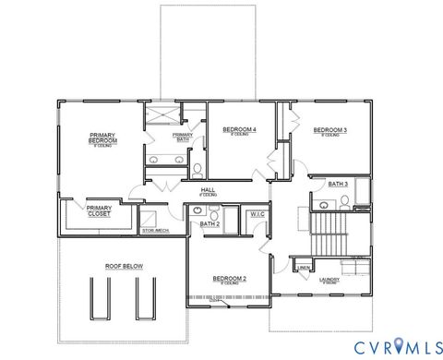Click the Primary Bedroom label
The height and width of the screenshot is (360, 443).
point(102,138)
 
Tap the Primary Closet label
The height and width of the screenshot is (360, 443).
point(99,210)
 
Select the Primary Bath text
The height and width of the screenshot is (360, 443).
point(183,138)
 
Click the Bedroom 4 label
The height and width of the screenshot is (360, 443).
point(241,130)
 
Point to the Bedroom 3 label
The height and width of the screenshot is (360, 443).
point(329,130)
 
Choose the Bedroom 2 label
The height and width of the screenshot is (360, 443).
point(229,278)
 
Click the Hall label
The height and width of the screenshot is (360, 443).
point(209,191)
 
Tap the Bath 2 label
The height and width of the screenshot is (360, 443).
point(210,223)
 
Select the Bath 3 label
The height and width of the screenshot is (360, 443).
point(338,185)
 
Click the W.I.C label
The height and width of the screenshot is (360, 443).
point(257,215)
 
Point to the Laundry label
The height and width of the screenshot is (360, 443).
point(329,279)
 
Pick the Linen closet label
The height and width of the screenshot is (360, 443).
point(304,269)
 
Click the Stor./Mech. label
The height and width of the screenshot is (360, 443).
point(154,230)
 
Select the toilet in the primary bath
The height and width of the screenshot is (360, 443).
point(197,169)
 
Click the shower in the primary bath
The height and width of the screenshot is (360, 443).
point(162,117)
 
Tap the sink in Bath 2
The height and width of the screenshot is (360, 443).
point(198,211)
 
